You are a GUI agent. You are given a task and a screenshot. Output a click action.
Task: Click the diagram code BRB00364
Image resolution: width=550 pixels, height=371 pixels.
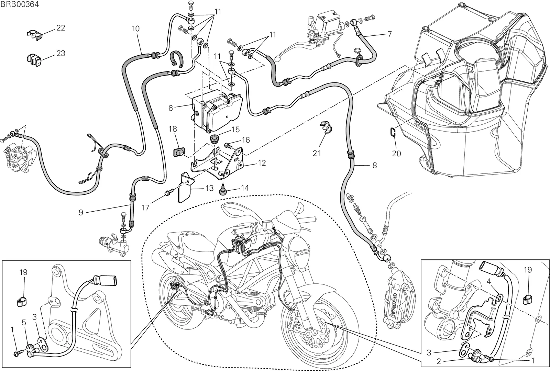tap(20, 4)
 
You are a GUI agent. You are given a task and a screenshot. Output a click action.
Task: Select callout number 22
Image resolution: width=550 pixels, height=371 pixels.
tap(60, 28)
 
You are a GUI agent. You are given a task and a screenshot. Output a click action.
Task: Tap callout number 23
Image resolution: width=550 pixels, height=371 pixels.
tap(60, 53)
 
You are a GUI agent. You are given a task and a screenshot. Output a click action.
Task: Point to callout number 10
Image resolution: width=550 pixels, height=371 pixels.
tap(135, 29)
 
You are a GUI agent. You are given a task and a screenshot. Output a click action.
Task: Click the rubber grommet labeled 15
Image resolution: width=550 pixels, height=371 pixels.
tap(215, 139)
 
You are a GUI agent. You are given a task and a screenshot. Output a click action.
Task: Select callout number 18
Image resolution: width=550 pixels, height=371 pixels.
tap(173, 129)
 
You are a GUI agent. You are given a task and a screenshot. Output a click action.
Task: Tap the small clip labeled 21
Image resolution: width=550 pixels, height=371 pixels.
tap(326, 127)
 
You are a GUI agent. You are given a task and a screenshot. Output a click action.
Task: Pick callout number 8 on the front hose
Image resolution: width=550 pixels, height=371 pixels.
tap(375, 165)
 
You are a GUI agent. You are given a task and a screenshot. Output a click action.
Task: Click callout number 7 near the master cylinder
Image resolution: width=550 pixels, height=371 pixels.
tap(390, 34)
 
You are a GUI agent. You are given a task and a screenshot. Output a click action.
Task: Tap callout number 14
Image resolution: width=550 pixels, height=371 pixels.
tap(245, 188)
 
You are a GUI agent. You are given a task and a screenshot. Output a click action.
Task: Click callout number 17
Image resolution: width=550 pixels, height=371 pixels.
tap(146, 207)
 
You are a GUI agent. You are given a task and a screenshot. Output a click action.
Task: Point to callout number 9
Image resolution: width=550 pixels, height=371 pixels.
tap(81, 212)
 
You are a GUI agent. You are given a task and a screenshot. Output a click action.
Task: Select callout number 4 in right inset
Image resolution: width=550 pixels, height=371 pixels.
tap(488, 281)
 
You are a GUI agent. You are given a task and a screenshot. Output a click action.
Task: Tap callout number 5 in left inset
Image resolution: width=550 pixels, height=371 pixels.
tap(24, 323)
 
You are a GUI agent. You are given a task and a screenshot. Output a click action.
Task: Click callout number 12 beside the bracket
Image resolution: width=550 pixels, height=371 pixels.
tap(262, 163)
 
